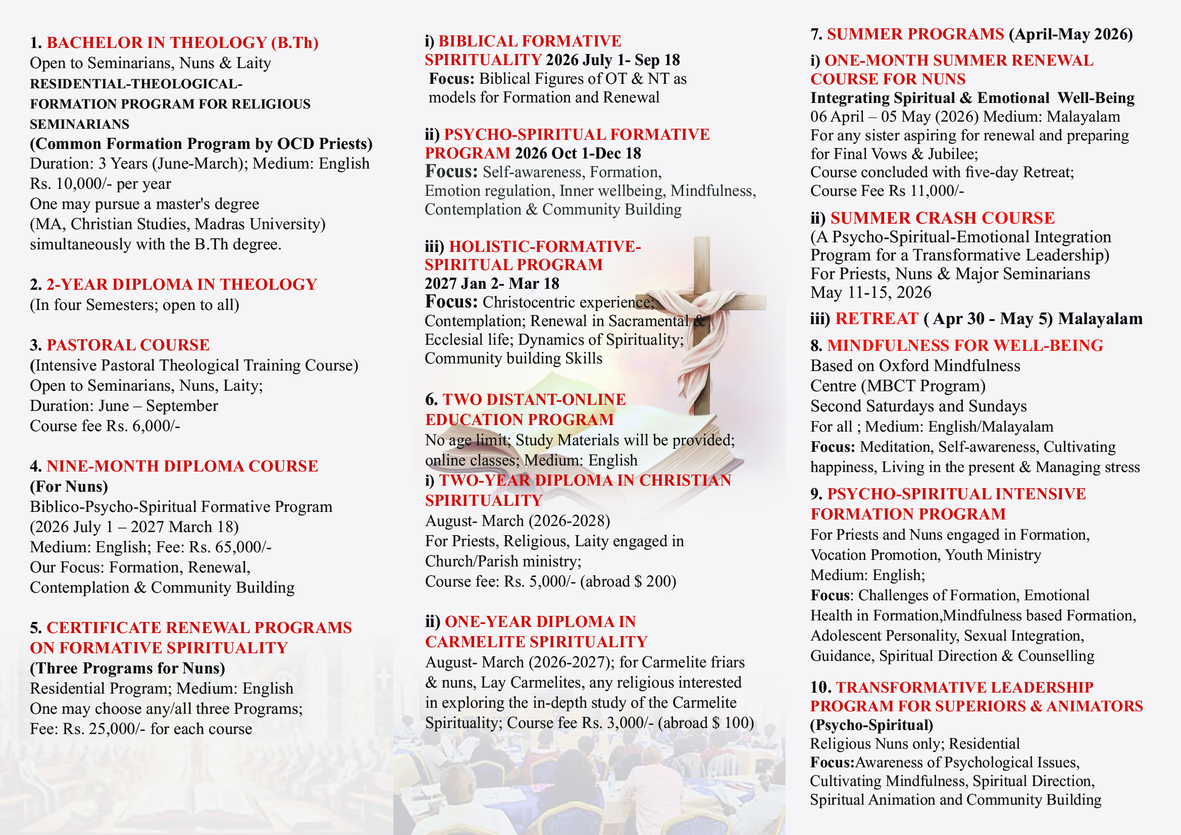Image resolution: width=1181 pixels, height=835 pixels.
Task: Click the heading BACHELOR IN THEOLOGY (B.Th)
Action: click(182, 43)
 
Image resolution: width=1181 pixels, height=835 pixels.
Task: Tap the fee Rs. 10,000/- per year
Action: click(100, 184)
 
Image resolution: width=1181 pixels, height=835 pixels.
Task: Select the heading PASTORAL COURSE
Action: click(128, 345)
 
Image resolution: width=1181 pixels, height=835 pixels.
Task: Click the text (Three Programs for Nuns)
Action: click(128, 668)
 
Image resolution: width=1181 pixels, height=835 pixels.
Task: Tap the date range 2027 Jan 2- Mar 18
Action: click(492, 284)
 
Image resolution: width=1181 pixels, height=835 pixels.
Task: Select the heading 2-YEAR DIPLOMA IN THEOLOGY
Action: click(182, 285)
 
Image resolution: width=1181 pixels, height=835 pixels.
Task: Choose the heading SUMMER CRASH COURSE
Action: click(942, 219)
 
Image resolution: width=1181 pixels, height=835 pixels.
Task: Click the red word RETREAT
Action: click(877, 319)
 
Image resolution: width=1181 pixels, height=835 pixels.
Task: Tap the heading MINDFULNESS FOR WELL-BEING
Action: click(965, 345)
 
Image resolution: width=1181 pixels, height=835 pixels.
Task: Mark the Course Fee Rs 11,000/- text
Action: click(887, 191)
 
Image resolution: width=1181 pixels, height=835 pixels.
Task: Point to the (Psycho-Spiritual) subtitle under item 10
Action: click(871, 725)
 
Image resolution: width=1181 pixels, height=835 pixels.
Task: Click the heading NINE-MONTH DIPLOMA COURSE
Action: click(182, 466)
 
